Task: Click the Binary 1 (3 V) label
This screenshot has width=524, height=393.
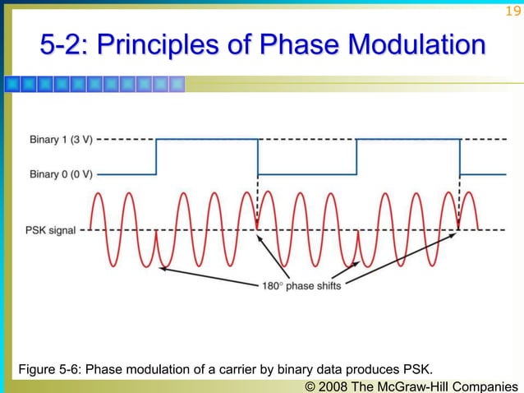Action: [x=61, y=140]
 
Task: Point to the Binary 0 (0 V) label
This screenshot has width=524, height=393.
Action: [x=61, y=174]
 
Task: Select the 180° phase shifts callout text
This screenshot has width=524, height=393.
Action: [x=301, y=286]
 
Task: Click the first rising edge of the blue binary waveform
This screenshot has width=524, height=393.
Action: [x=156, y=156]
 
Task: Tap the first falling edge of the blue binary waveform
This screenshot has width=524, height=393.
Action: [x=258, y=156]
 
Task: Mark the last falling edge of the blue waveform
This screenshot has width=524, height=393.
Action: [x=460, y=156]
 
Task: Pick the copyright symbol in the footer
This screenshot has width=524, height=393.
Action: [x=310, y=384]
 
